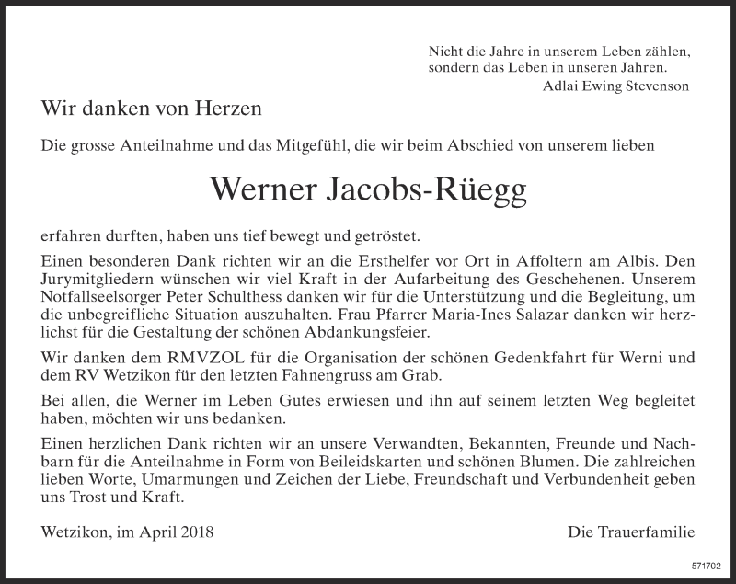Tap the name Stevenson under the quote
(654, 86)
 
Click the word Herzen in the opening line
(231, 108)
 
